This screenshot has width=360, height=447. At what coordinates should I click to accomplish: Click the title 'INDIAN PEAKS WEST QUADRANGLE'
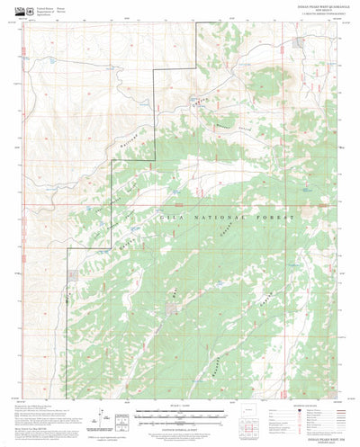(320, 6)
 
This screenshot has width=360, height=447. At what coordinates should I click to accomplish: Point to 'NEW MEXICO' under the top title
(320, 10)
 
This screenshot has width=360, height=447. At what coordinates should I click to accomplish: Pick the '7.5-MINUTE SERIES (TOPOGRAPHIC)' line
(320, 14)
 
